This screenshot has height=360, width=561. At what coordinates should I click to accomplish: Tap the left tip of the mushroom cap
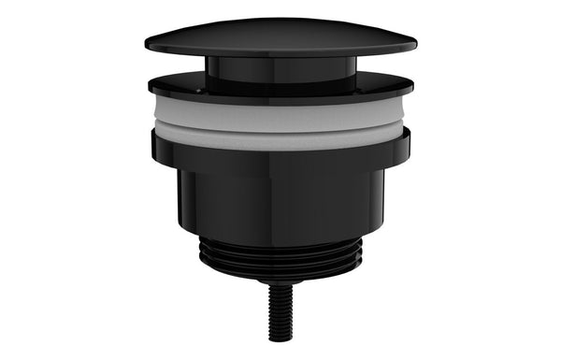147,43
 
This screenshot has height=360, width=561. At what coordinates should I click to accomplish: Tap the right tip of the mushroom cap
414,43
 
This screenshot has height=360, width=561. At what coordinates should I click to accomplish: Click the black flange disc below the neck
280,86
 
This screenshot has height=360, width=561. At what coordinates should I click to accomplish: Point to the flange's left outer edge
150,85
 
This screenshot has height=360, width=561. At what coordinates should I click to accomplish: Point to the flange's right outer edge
412,85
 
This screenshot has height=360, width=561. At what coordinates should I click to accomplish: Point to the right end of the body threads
360,254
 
